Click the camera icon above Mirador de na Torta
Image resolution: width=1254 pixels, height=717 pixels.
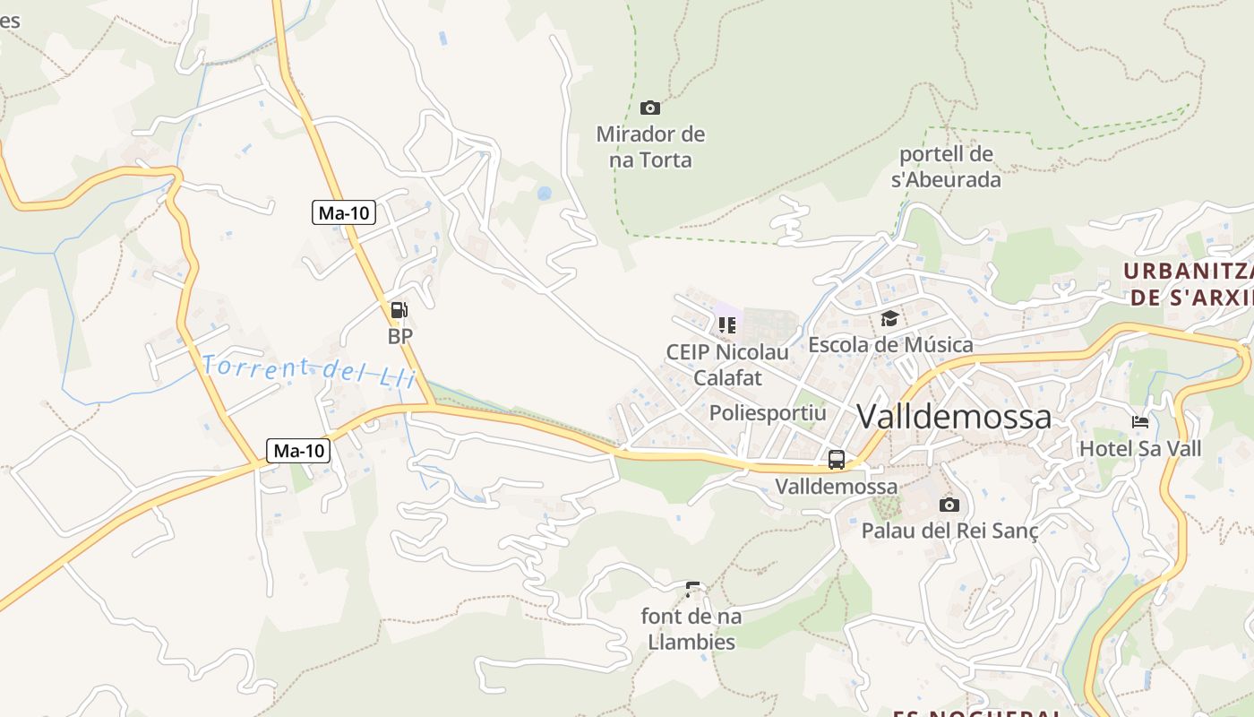650,108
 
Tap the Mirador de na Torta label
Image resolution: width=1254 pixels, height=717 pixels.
650,148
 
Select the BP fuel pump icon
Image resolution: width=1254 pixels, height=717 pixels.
399,311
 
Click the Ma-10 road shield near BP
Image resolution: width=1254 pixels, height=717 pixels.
345,213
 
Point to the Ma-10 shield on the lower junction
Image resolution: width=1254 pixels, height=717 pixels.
299,451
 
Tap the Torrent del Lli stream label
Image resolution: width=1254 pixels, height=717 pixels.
309,370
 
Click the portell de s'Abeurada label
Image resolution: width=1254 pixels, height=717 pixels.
946,167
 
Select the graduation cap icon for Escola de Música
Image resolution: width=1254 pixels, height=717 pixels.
889,318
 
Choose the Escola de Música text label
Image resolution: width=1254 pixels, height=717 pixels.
890,344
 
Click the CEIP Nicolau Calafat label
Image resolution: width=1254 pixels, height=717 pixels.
727,365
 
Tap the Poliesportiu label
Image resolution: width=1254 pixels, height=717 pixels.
768,413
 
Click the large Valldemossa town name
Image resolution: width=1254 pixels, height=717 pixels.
954,417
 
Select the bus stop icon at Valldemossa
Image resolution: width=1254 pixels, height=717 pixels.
837,460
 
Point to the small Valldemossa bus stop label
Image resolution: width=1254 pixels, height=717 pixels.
836,487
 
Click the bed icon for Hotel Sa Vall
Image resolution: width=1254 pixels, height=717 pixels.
1140,421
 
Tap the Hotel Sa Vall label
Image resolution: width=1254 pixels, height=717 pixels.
1140,448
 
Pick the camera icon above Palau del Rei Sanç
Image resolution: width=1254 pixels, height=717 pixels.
949,505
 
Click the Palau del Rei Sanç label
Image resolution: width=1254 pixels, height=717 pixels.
949,531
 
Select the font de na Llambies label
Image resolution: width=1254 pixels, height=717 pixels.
691,629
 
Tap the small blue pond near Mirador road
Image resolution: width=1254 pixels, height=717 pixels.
544,193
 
